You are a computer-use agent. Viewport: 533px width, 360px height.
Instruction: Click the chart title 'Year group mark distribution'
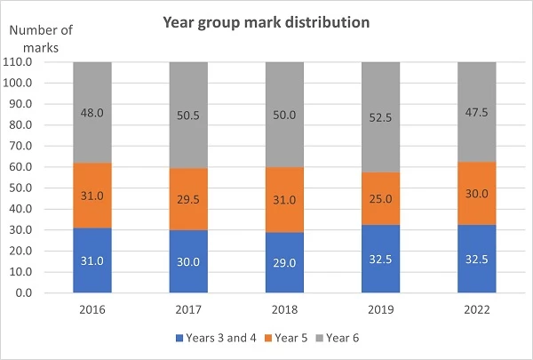tap(266, 22)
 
